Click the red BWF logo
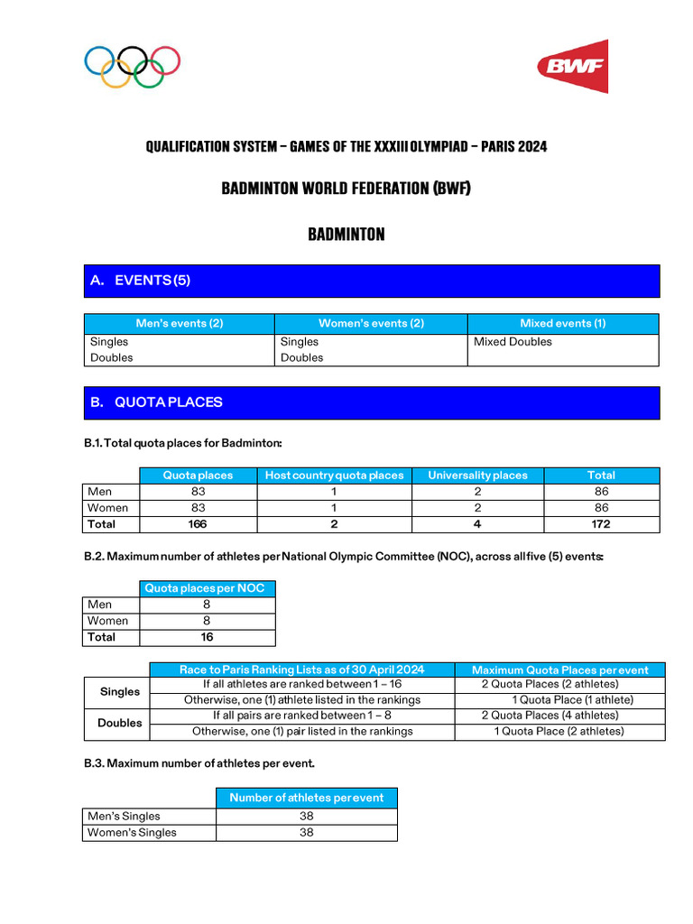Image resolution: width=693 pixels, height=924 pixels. (x=572, y=66)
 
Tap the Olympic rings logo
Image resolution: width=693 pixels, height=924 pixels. (x=133, y=67)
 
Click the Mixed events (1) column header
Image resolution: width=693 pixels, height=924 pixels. (x=562, y=324)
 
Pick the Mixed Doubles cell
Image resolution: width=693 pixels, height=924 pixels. (x=513, y=342)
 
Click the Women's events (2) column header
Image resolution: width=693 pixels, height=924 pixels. (x=371, y=324)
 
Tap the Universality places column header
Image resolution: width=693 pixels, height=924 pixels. (x=477, y=476)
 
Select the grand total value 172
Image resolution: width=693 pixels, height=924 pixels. (x=601, y=524)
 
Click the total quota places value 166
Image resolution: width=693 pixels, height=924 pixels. (x=197, y=524)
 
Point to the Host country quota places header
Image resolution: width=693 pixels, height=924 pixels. (x=334, y=476)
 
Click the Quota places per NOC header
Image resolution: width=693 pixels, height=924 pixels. (x=207, y=588)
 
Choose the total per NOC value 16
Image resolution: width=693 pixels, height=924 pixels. (x=207, y=637)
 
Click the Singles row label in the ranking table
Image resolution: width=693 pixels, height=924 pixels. (x=120, y=692)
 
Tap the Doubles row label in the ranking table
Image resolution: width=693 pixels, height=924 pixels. (x=120, y=723)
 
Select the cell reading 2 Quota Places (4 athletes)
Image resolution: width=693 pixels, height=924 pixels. (x=550, y=716)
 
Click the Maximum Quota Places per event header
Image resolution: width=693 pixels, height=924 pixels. (x=559, y=670)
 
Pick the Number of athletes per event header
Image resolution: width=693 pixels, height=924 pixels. (x=306, y=798)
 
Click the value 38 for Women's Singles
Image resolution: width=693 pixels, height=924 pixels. (x=306, y=833)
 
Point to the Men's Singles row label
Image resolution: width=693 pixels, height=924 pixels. (x=124, y=817)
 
